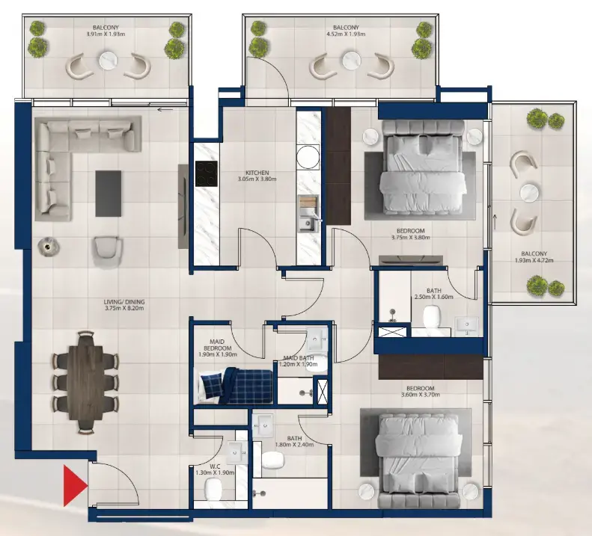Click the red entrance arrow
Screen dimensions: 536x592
pyautogui.click(x=74, y=485)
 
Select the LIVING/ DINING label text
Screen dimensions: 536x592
pyautogui.click(x=123, y=303)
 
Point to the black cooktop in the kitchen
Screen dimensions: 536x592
pyautogui.click(x=206, y=174)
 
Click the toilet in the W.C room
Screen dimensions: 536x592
pyautogui.click(x=213, y=490)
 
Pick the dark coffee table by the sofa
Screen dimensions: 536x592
pyautogui.click(x=109, y=194)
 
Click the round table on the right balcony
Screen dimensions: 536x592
pyautogui.click(x=530, y=191)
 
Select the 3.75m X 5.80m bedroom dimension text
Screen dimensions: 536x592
pyautogui.click(x=411, y=239)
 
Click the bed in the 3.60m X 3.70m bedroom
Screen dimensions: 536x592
pyautogui.click(x=415, y=453)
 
